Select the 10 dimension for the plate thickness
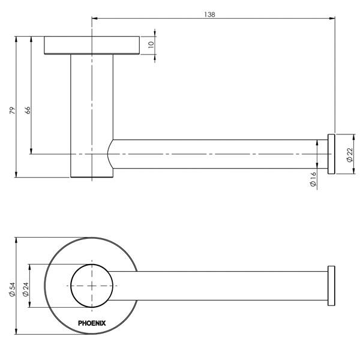[152, 44]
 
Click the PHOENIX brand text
[92, 323]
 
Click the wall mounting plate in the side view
[92, 46]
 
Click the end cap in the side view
[331, 154]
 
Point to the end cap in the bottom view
[330, 286]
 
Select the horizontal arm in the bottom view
[222, 286]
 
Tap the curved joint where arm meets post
[110, 154]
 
